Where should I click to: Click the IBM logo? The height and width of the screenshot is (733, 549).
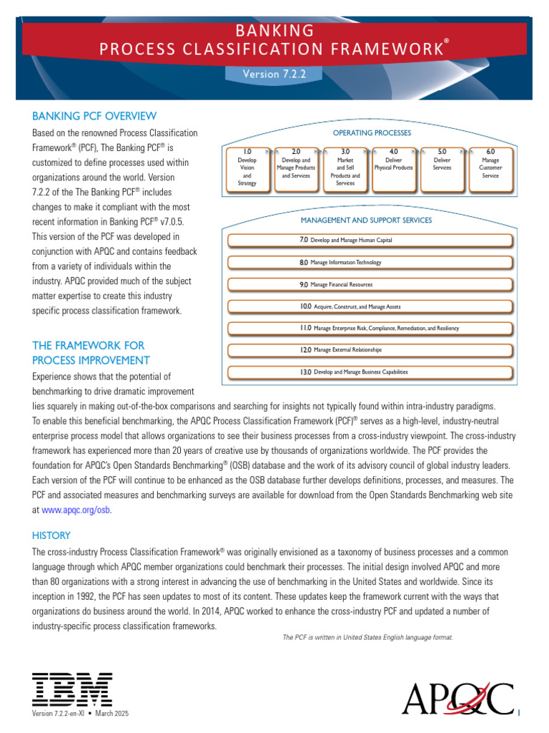click(71, 689)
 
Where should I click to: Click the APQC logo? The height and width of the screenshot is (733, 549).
click(457, 699)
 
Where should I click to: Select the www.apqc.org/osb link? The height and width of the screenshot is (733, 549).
click(76, 510)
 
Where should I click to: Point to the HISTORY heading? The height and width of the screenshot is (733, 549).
click(51, 535)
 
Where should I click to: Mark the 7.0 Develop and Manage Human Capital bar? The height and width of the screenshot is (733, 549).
click(370, 241)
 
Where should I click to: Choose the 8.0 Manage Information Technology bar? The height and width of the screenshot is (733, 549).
click(370, 263)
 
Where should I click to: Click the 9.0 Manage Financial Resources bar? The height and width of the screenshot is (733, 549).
click(370, 285)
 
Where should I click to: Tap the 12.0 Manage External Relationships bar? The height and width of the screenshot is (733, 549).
click(370, 350)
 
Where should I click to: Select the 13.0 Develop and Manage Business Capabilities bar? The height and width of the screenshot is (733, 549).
click(370, 372)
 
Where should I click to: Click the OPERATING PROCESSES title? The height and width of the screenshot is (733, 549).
click(372, 133)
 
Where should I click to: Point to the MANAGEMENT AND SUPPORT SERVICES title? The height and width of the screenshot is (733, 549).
click(366, 220)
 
